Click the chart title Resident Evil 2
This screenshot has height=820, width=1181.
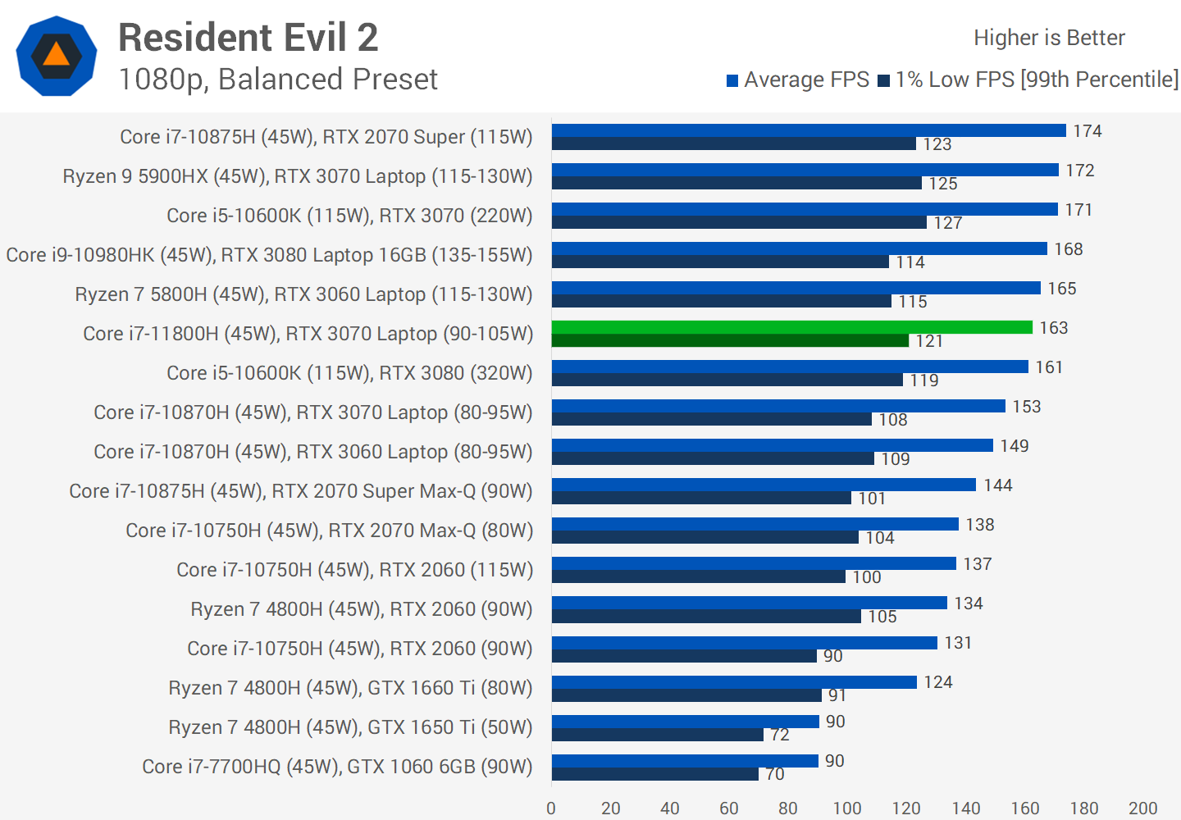tap(248, 38)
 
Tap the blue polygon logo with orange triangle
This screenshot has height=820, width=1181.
tap(57, 56)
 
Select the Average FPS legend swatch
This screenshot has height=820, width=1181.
tap(732, 80)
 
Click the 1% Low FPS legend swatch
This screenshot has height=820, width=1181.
tap(883, 80)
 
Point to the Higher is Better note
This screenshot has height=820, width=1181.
tap(1049, 38)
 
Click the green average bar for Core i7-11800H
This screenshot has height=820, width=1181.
tap(791, 327)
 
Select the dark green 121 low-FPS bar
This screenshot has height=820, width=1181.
tap(730, 340)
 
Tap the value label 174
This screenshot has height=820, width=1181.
tap(1088, 131)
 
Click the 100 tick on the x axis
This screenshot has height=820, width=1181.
tap(847, 809)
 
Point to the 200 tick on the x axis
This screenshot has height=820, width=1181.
tap(1142, 809)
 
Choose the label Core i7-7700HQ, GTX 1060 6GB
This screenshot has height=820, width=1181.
tap(337, 767)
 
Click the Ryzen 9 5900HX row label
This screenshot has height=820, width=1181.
tap(298, 176)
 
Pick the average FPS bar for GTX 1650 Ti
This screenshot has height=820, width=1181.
tap(685, 722)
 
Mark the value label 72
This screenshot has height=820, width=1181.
tap(780, 735)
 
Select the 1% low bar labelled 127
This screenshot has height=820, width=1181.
tap(739, 222)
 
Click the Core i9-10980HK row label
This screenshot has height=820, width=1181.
tap(269, 255)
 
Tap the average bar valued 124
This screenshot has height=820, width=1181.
tap(734, 682)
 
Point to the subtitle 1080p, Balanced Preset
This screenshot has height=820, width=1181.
tap(278, 80)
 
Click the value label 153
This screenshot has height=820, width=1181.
tap(1026, 407)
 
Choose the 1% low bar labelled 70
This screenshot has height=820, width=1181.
tap(654, 774)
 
